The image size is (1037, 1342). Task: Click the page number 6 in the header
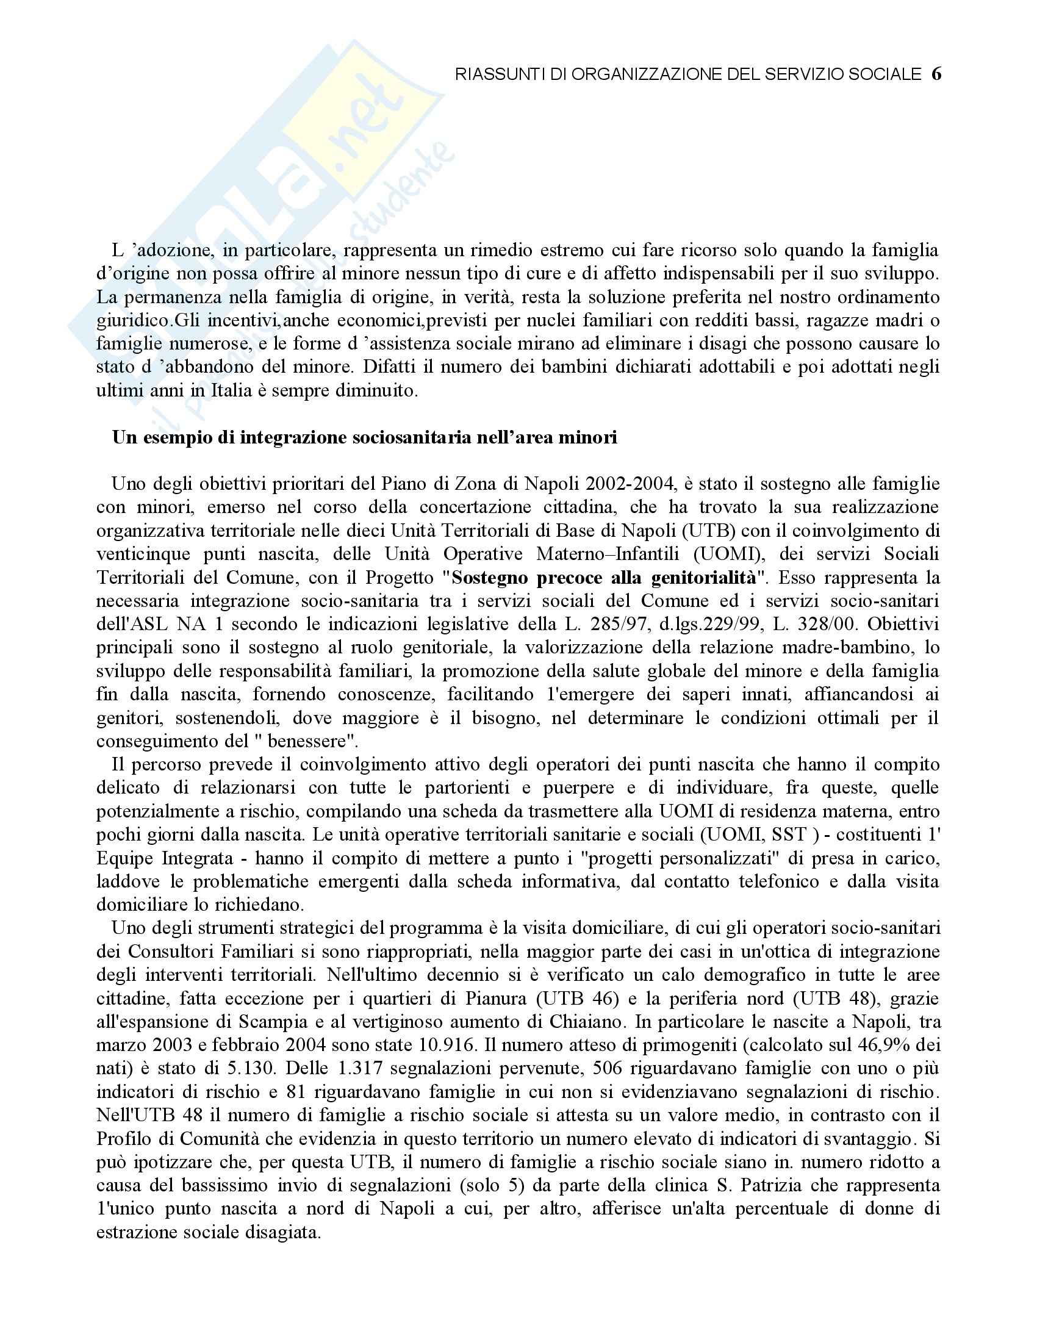(936, 74)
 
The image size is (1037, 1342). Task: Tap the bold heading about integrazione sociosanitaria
(364, 438)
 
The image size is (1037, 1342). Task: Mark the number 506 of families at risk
(606, 1068)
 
